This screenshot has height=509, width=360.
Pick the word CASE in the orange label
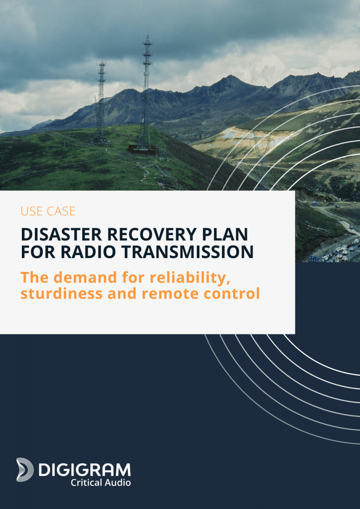61,211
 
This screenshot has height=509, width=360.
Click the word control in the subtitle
231,294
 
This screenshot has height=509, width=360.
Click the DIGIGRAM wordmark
85,470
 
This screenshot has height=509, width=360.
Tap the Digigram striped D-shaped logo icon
25,469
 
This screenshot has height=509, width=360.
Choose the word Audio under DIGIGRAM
118,482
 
